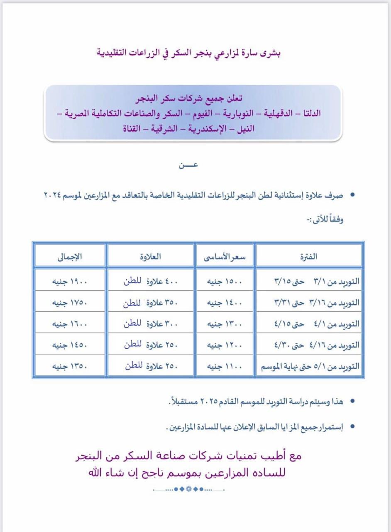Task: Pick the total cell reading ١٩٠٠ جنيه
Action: coord(70,281)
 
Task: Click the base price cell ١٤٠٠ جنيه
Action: coord(225,303)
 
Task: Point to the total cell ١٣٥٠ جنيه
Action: coord(70,367)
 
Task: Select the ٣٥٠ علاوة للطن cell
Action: coord(150,303)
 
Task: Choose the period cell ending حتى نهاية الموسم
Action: coord(310,367)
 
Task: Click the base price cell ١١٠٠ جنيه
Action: coord(225,367)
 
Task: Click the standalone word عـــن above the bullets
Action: coord(188,165)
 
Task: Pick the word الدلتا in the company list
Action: coord(310,113)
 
